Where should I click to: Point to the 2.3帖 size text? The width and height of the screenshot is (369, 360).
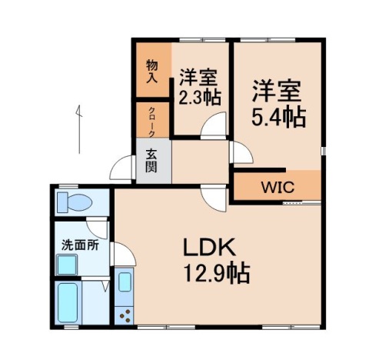[200, 98]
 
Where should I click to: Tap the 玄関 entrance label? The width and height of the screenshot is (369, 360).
[152, 159]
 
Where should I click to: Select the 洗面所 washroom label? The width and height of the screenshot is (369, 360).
[80, 246]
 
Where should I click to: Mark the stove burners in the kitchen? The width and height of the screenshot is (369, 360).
[124, 312]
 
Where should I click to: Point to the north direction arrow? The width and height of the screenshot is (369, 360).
[79, 128]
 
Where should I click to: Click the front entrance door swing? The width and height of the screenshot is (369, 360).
[123, 168]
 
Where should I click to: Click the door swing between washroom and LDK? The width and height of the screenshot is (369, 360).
[121, 253]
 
